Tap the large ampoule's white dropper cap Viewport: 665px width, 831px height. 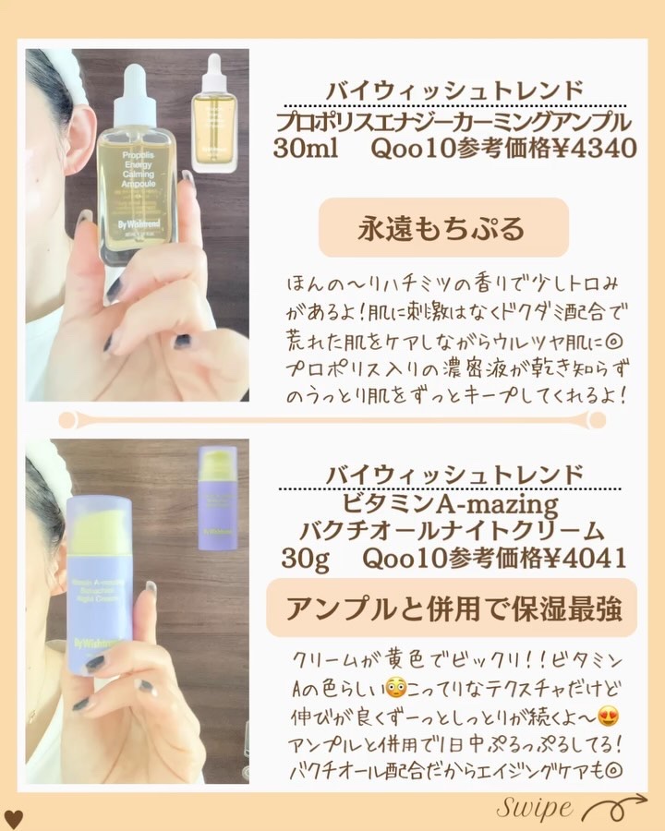[139, 83]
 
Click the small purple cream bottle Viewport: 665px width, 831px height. [218, 499]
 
